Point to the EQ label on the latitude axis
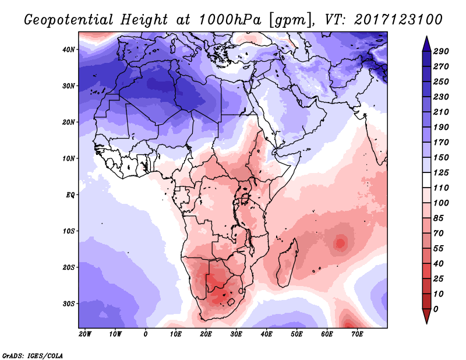pos(70,195)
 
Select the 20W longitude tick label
pos(84,334)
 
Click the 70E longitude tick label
pos(357,334)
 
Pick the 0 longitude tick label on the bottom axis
pos(146,334)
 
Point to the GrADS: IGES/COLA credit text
pos(33,355)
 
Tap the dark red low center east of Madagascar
pos(340,242)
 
